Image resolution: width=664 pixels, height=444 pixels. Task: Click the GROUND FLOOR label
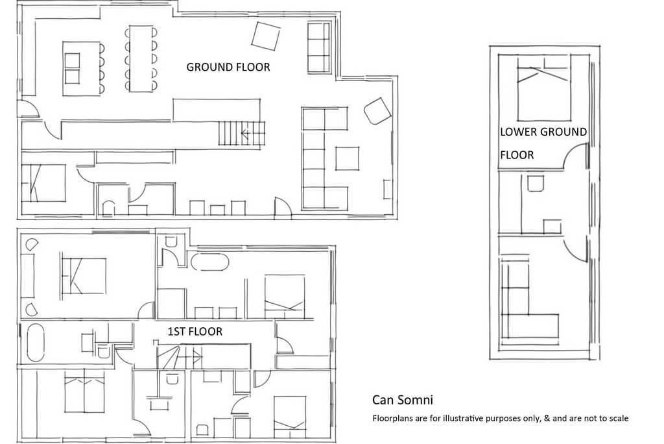click(228, 67)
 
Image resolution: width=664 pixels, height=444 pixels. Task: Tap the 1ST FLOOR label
click(195, 331)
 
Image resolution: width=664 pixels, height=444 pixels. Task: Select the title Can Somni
click(402, 399)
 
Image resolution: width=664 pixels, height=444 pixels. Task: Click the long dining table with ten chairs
click(141, 58)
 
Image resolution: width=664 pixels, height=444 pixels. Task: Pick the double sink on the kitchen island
click(72, 68)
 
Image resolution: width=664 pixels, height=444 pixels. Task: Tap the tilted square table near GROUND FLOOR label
click(265, 36)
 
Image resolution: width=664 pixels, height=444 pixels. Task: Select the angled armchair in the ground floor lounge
click(377, 111)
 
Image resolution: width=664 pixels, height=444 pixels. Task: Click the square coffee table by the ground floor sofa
click(348, 158)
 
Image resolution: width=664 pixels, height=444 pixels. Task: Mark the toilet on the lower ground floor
click(535, 183)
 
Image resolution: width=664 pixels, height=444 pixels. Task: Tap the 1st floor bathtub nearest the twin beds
click(36, 343)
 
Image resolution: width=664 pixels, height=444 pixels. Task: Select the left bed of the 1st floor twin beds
click(75, 391)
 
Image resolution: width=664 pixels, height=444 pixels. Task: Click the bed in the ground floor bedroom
click(43, 183)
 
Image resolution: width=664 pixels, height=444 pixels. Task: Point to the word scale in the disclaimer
click(618, 418)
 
